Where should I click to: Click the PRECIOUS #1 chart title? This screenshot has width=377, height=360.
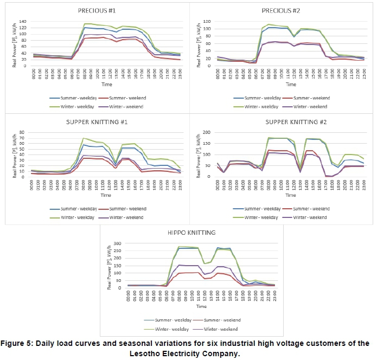[x=97, y=10]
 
